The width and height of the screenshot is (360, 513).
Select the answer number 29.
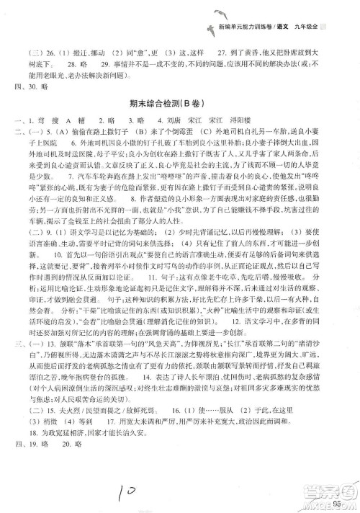[99, 73]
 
